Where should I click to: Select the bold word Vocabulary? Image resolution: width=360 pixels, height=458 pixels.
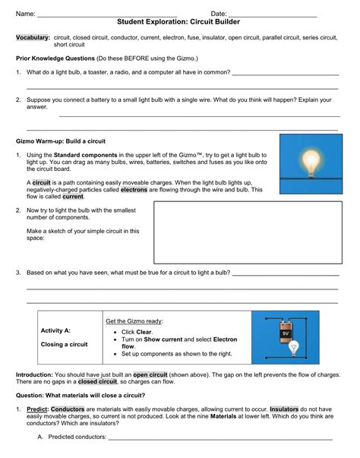click(33, 37)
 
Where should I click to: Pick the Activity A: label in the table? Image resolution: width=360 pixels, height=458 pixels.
click(56, 331)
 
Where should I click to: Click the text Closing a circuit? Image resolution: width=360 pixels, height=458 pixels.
click(64, 344)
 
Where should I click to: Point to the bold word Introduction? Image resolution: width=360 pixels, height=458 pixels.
click(37, 374)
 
